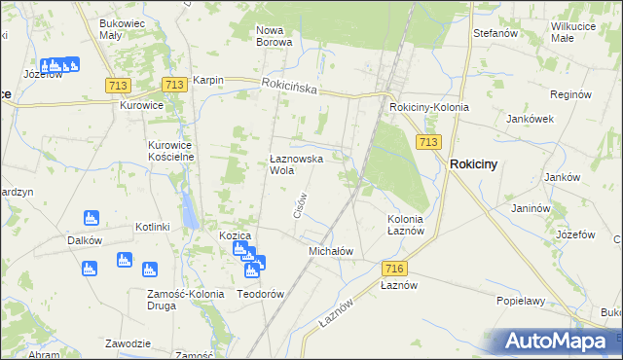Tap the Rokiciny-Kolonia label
click(x=428, y=107)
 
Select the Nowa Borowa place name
click(x=275, y=36)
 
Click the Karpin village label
click(x=208, y=81)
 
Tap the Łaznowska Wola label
click(x=296, y=163)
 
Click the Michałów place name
click(x=330, y=251)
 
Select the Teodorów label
click(x=260, y=294)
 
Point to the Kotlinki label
click(x=153, y=227)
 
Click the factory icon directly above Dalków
click(x=91, y=217)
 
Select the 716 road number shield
click(x=394, y=269)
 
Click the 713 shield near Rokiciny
click(x=427, y=142)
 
